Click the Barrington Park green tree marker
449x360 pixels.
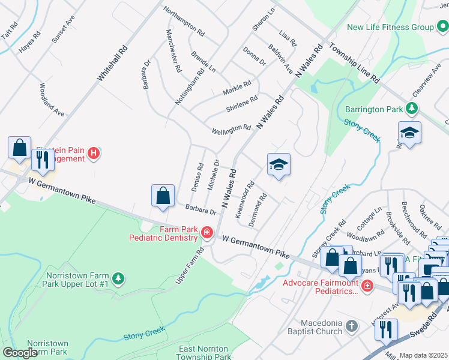pos(412,109)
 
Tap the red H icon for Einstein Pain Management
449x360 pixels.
pos(93,154)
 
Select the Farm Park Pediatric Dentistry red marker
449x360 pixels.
pos(207,232)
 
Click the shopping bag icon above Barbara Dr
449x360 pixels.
pos(163,196)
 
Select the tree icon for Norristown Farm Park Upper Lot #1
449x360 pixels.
pos(119,278)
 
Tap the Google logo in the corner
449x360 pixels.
pos(20,353)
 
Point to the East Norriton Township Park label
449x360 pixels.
pos(205,352)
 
